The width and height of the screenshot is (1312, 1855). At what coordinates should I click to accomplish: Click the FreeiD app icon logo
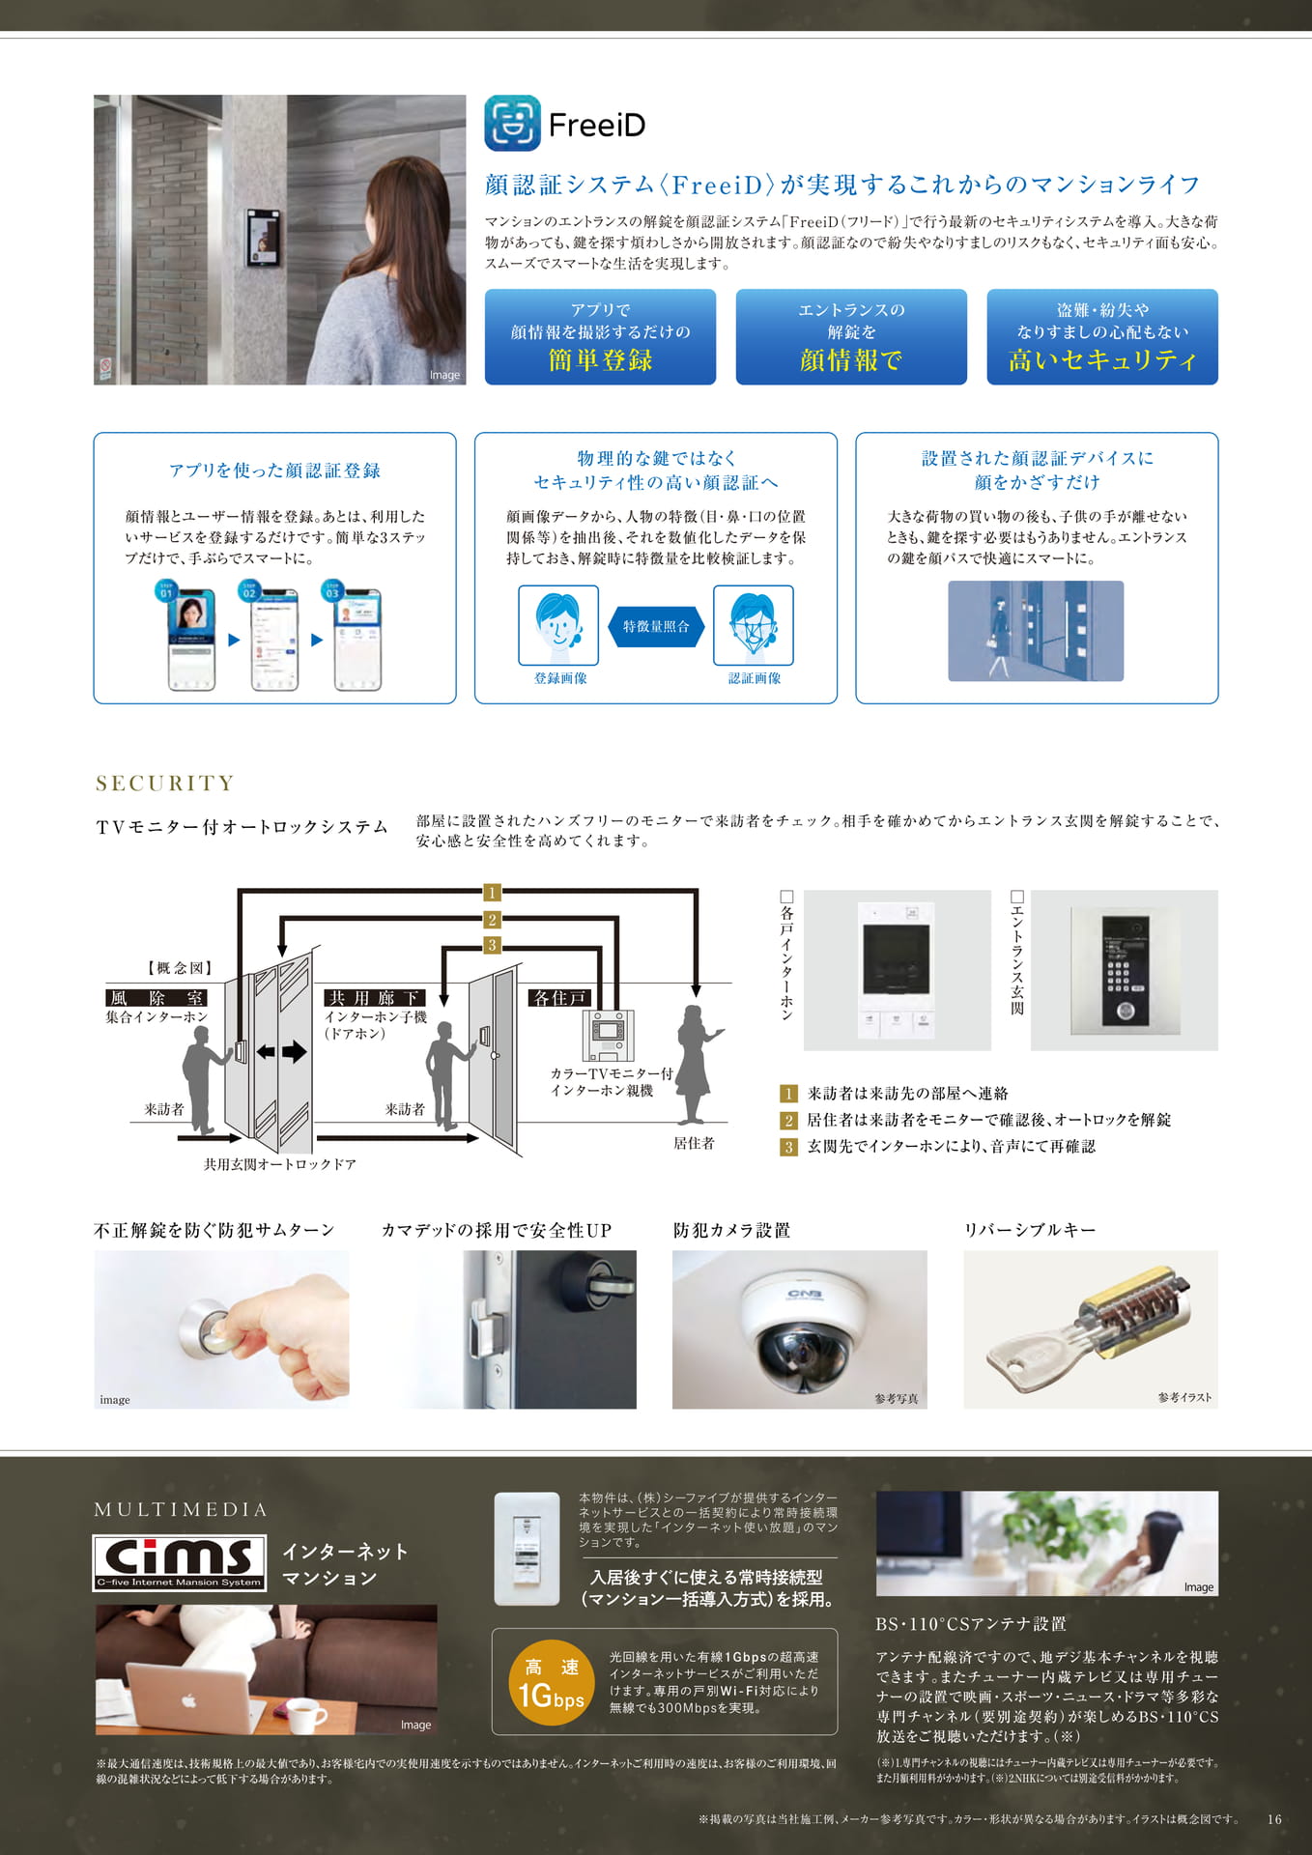click(512, 123)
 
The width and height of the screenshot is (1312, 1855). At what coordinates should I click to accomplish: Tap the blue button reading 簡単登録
click(600, 336)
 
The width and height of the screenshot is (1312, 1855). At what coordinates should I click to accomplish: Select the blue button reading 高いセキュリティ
click(1102, 336)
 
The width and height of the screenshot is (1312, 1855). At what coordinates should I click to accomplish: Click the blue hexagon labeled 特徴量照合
click(656, 626)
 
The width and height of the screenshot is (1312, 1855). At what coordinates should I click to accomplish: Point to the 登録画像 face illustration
click(558, 625)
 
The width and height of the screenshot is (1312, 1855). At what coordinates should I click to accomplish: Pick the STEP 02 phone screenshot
click(274, 639)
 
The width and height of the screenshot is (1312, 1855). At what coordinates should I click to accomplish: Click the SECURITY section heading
click(165, 783)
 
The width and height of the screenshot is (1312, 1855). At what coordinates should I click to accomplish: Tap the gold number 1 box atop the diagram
click(492, 893)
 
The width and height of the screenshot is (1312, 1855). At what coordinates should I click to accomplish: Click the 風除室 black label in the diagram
click(156, 998)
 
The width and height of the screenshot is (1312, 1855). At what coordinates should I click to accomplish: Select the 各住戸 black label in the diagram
click(559, 998)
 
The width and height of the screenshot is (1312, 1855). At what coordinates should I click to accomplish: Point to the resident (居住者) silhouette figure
click(696, 1064)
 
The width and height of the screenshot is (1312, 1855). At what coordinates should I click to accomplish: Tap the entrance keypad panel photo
click(1125, 969)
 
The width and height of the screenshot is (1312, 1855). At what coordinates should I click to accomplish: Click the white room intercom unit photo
click(897, 970)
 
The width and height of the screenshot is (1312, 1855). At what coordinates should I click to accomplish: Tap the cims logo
click(180, 1562)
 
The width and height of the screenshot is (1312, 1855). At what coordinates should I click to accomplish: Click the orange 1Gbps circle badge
click(551, 1682)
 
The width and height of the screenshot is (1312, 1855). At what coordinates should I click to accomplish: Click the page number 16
click(1274, 1819)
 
